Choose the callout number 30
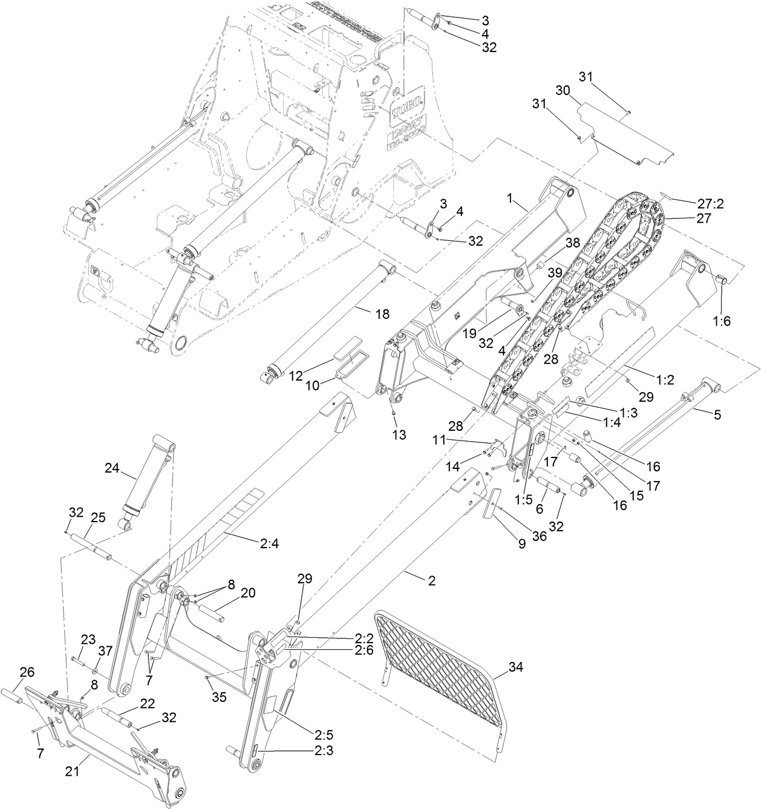(x=563, y=90)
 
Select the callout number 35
(x=219, y=696)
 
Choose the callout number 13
(x=399, y=434)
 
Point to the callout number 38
(x=572, y=243)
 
